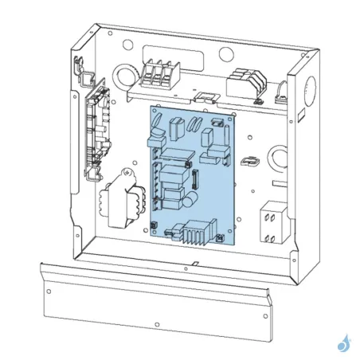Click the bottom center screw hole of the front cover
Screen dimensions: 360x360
[x=158, y=325]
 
